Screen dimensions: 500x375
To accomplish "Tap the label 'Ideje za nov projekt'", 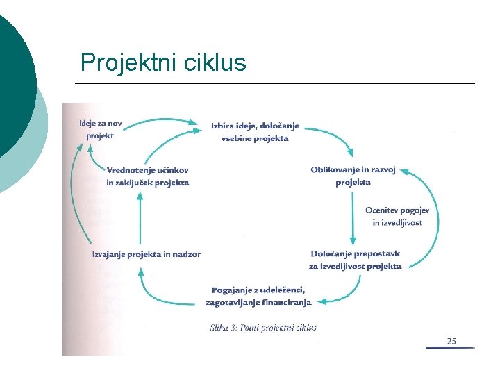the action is point(101,129).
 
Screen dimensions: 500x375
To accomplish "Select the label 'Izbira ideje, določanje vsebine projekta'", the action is point(255,132).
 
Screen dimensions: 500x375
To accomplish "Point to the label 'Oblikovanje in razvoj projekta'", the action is point(353,176).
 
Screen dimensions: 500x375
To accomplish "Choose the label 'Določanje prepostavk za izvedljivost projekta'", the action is point(355,260).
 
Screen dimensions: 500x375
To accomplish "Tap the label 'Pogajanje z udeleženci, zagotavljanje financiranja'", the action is point(258,296).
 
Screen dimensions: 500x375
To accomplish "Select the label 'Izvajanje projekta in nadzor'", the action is point(147,254).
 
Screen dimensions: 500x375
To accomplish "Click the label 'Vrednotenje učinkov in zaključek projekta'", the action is point(147,176).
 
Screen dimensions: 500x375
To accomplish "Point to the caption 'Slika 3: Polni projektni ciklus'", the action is point(263,328).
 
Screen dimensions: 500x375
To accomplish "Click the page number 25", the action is point(451,341).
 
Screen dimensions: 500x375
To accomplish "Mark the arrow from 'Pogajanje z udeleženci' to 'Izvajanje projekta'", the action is point(160,295).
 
